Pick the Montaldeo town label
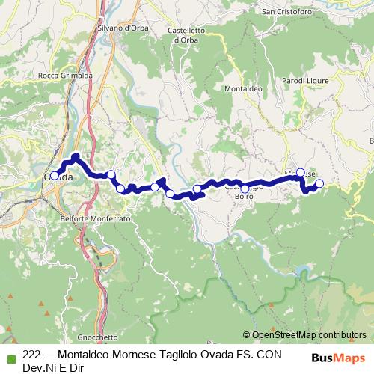click(242, 88)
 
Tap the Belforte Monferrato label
click(96, 218)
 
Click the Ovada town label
click(60, 177)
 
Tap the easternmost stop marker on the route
click(319, 183)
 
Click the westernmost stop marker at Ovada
click(55, 175)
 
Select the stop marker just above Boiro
click(245, 188)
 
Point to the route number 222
click(31, 356)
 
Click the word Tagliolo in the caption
click(183, 356)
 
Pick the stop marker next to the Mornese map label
click(301, 173)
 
